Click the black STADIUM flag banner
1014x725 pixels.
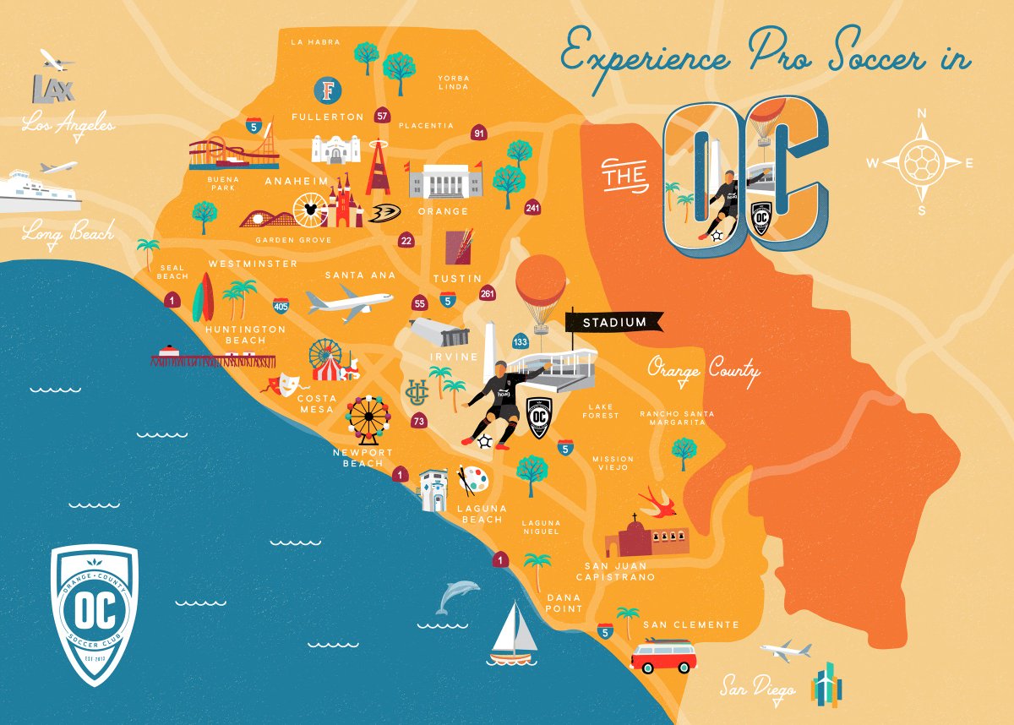pyautogui.click(x=613, y=322)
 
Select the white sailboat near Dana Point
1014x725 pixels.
pyautogui.click(x=513, y=632)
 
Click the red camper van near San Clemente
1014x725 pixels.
pyautogui.click(x=663, y=656)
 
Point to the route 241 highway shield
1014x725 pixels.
pyautogui.click(x=532, y=208)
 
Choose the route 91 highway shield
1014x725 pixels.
pyautogui.click(x=479, y=134)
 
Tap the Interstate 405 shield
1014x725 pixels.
pyautogui.click(x=281, y=305)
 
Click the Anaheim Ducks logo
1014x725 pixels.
pyautogui.click(x=384, y=213)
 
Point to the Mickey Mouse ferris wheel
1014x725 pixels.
pyautogui.click(x=310, y=210)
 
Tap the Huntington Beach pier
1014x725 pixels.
pyautogui.click(x=213, y=359)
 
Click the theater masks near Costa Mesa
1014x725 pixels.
pyautogui.click(x=281, y=384)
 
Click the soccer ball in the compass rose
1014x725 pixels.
pyautogui.click(x=922, y=162)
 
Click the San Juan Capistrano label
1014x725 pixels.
pyautogui.click(x=615, y=571)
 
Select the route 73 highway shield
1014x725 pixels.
pyautogui.click(x=418, y=420)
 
